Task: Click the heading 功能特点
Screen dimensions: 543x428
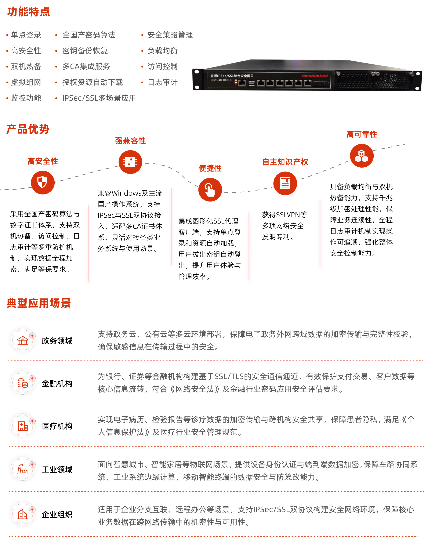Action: pyautogui.click(x=29, y=12)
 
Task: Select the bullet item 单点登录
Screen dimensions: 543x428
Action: pyautogui.click(x=26, y=35)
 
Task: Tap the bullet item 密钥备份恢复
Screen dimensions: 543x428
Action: pyautogui.click(x=85, y=51)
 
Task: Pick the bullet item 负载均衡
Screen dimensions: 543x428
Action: pyautogui.click(x=162, y=51)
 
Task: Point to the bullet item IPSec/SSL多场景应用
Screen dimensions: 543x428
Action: pyautogui.click(x=99, y=98)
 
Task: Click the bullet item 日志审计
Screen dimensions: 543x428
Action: pyautogui.click(x=162, y=82)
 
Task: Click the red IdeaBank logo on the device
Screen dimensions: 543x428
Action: pyautogui.click(x=315, y=76)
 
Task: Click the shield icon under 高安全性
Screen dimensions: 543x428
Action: pyautogui.click(x=43, y=182)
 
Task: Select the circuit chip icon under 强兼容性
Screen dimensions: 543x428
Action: pyautogui.click(x=130, y=162)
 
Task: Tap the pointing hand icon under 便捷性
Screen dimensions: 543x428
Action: pyautogui.click(x=210, y=190)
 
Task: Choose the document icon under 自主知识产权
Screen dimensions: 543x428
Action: pyautogui.click(x=285, y=183)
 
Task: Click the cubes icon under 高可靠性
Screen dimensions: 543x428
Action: pyautogui.click(x=362, y=156)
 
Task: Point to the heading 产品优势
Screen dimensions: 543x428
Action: pyautogui.click(x=28, y=129)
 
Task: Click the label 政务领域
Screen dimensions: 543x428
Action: pyautogui.click(x=57, y=341)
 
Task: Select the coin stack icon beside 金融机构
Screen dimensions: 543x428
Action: pyautogui.click(x=23, y=383)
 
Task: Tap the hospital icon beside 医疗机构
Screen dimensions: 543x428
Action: pyautogui.click(x=23, y=426)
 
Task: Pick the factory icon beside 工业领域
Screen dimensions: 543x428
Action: pyautogui.click(x=23, y=469)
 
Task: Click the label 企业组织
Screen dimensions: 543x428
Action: pyautogui.click(x=57, y=514)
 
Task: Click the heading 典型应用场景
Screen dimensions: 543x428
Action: pyautogui.click(x=39, y=303)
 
